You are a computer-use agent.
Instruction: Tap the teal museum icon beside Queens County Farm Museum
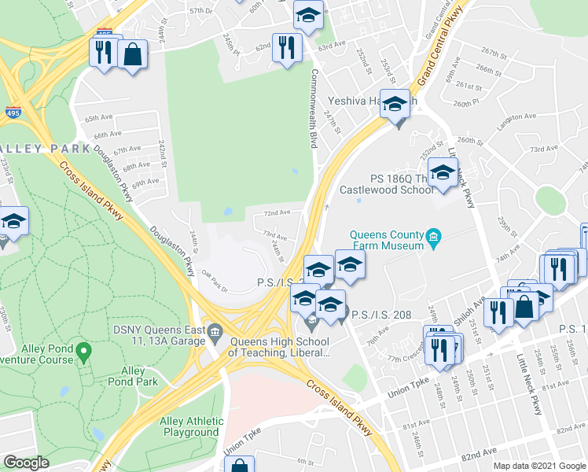point(432,236)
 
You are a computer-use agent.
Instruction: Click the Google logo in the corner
point(26,463)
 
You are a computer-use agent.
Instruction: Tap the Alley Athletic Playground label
point(189,427)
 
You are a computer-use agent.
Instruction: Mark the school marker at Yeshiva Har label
point(395,104)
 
